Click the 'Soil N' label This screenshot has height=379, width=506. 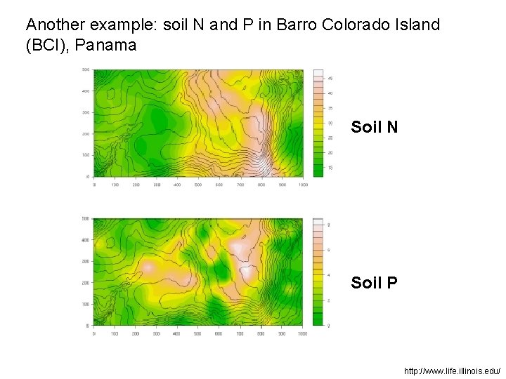tap(374, 127)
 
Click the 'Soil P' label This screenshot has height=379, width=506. tap(374, 283)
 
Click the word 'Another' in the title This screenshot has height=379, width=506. tap(53, 25)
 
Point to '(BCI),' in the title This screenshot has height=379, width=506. tap(47, 46)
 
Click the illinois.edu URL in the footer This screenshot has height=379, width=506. tap(452, 370)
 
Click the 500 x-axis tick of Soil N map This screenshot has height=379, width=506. tap(198, 185)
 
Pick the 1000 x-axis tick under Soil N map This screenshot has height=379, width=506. tap(303, 185)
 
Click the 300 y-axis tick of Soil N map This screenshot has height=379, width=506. tap(85, 112)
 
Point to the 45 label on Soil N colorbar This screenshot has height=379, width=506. tap(330, 78)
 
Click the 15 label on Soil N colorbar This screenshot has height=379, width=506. tap(330, 168)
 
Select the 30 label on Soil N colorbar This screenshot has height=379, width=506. tap(330, 123)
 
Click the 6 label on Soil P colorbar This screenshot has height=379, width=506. tap(329, 250)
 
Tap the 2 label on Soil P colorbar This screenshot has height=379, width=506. tap(329, 300)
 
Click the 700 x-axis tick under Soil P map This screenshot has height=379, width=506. tap(240, 334)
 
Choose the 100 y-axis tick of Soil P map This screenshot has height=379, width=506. tap(85, 304)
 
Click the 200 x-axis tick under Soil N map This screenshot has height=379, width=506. tap(136, 185)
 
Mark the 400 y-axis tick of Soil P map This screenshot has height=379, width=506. tap(85, 240)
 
